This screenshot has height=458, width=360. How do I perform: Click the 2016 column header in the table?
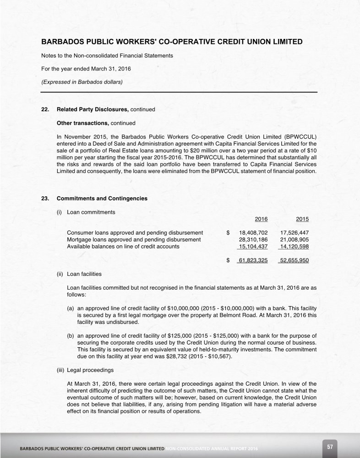point(261,219)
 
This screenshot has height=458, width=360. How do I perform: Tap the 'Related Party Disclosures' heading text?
point(93,110)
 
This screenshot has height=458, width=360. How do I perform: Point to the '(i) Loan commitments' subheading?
point(86,212)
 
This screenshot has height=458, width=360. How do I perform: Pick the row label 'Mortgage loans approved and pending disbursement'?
point(134,239)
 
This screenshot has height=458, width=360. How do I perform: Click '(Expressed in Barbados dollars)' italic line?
point(82,82)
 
